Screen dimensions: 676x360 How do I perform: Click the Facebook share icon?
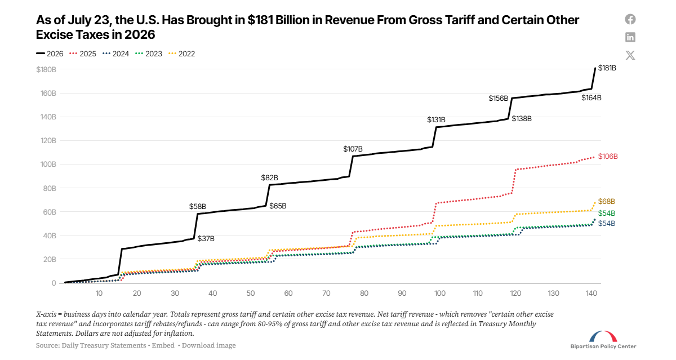point(630,19)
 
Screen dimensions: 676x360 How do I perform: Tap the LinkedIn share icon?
point(630,37)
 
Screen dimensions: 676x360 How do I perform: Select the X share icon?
point(630,55)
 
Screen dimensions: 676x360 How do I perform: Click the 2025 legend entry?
point(83,54)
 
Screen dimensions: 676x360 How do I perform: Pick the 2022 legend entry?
point(181,54)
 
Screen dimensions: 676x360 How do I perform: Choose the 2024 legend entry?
point(115,54)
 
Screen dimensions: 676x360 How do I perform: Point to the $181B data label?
point(607,68)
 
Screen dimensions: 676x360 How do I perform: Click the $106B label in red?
point(608,156)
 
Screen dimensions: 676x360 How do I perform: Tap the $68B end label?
point(606,201)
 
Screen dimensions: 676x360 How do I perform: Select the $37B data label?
point(206,239)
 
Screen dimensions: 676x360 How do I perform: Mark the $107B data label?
point(353,149)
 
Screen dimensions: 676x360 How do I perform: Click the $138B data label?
point(522,119)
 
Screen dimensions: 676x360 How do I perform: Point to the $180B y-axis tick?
point(46,70)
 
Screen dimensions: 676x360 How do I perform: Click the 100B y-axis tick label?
point(48,165)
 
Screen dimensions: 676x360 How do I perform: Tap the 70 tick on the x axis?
point(326,294)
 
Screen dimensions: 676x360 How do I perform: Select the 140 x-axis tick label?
point(591,294)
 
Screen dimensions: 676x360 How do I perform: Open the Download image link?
point(208,345)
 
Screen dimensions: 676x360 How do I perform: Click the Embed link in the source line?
point(163,345)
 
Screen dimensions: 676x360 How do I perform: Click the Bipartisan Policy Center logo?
point(603,340)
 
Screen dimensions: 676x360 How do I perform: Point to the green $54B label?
point(606,214)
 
